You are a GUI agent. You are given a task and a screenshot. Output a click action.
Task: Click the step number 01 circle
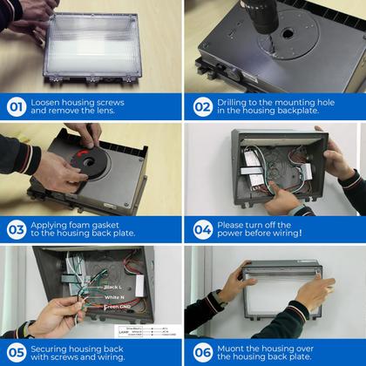pyautogui.click(x=17, y=107)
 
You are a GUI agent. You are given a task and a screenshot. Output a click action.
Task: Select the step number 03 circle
pyautogui.click(x=17, y=229)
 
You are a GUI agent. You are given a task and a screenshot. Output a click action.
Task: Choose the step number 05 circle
pyautogui.click(x=17, y=351)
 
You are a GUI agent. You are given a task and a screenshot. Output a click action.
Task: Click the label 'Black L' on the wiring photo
pyautogui.click(x=114, y=286)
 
